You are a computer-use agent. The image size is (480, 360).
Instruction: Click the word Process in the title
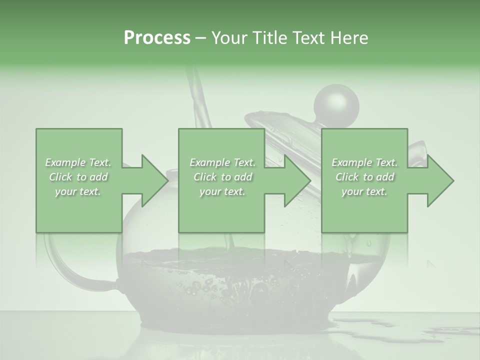click(x=157, y=38)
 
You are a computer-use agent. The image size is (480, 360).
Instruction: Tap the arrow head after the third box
click(x=439, y=180)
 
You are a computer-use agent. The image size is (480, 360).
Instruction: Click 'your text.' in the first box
click(x=78, y=191)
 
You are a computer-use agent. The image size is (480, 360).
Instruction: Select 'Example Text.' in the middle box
click(x=222, y=162)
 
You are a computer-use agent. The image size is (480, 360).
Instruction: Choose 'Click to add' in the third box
click(x=365, y=177)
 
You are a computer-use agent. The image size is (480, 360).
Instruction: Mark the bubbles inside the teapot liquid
click(x=200, y=287)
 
